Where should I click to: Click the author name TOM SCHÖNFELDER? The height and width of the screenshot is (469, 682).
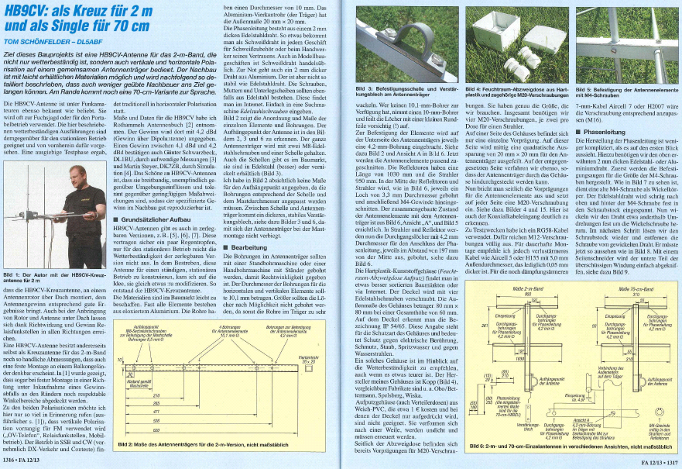click(x=36, y=43)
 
